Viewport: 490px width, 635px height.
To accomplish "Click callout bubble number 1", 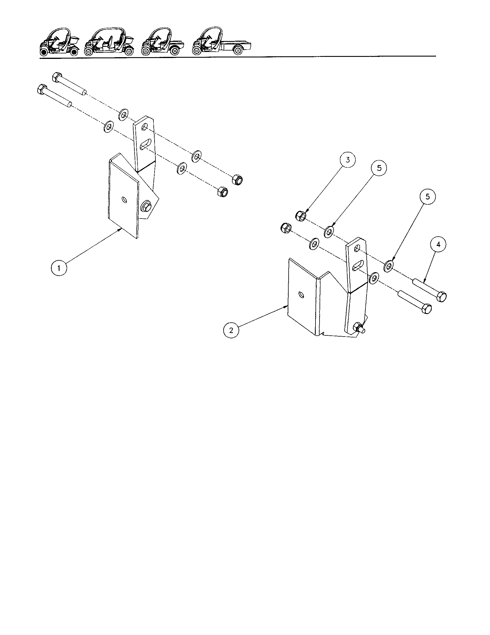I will (59, 268).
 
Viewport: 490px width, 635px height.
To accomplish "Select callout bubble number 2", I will (231, 330).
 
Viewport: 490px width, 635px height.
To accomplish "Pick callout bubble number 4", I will (438, 245).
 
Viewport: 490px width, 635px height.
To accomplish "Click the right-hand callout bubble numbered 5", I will (427, 197).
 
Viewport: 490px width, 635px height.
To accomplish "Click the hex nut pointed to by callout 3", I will (301, 216).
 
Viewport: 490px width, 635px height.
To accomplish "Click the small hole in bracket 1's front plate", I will (124, 200).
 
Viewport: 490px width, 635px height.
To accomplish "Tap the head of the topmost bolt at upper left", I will (56, 77).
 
